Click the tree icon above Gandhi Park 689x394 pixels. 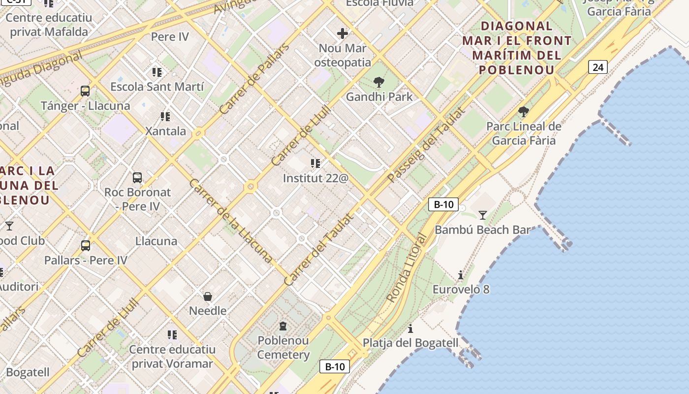(x=378, y=82)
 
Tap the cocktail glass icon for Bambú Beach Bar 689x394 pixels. (x=482, y=215)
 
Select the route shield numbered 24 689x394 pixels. (x=597, y=67)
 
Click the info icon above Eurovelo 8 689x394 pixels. (x=461, y=275)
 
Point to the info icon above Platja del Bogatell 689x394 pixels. (x=410, y=328)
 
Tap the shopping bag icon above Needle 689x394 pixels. (x=208, y=296)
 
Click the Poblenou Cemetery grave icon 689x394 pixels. (x=283, y=326)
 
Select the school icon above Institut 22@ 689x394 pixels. (x=315, y=164)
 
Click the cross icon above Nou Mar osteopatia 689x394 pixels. (x=343, y=33)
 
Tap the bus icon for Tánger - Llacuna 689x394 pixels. (x=85, y=91)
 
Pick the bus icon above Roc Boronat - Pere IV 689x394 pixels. (x=137, y=178)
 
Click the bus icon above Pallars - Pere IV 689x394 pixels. (x=86, y=245)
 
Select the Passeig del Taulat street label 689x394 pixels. (x=426, y=144)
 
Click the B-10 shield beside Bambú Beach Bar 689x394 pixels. (x=443, y=204)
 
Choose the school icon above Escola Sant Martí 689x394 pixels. (x=157, y=73)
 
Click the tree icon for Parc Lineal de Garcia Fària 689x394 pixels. (x=524, y=112)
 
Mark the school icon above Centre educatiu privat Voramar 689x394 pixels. (x=172, y=335)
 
